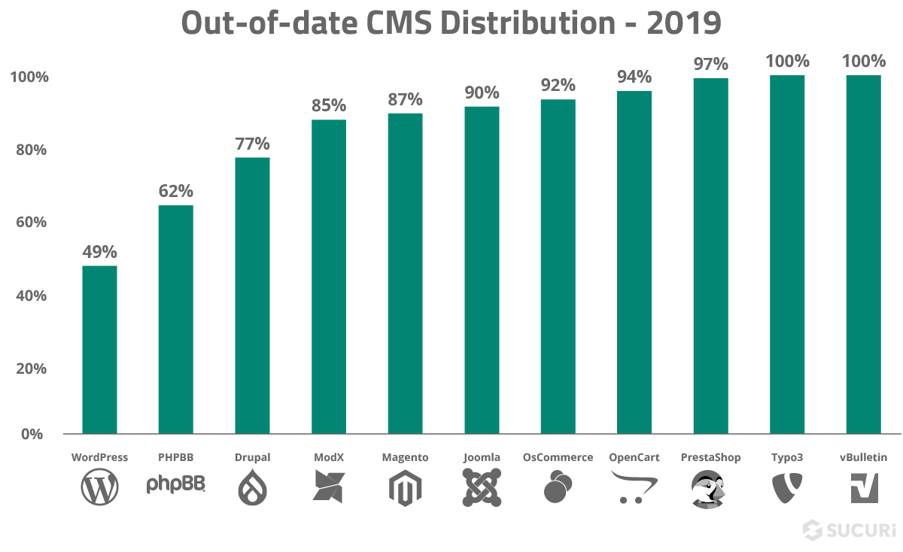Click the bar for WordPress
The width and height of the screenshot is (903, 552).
tap(99, 350)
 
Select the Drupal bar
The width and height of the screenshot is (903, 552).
tap(252, 296)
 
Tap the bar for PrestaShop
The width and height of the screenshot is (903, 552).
tap(710, 256)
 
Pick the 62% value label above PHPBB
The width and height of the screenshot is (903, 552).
tap(175, 191)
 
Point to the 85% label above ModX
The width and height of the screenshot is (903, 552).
tap(329, 105)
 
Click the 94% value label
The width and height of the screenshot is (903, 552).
tap(634, 77)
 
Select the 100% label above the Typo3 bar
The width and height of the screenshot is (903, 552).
tap(787, 61)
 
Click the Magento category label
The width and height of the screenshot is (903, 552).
tap(405, 457)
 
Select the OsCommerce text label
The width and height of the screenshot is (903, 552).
tap(558, 457)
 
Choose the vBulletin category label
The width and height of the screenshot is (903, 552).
tap(863, 457)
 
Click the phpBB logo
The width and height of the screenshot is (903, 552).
tap(175, 486)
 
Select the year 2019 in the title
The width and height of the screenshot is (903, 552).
tap(682, 23)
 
